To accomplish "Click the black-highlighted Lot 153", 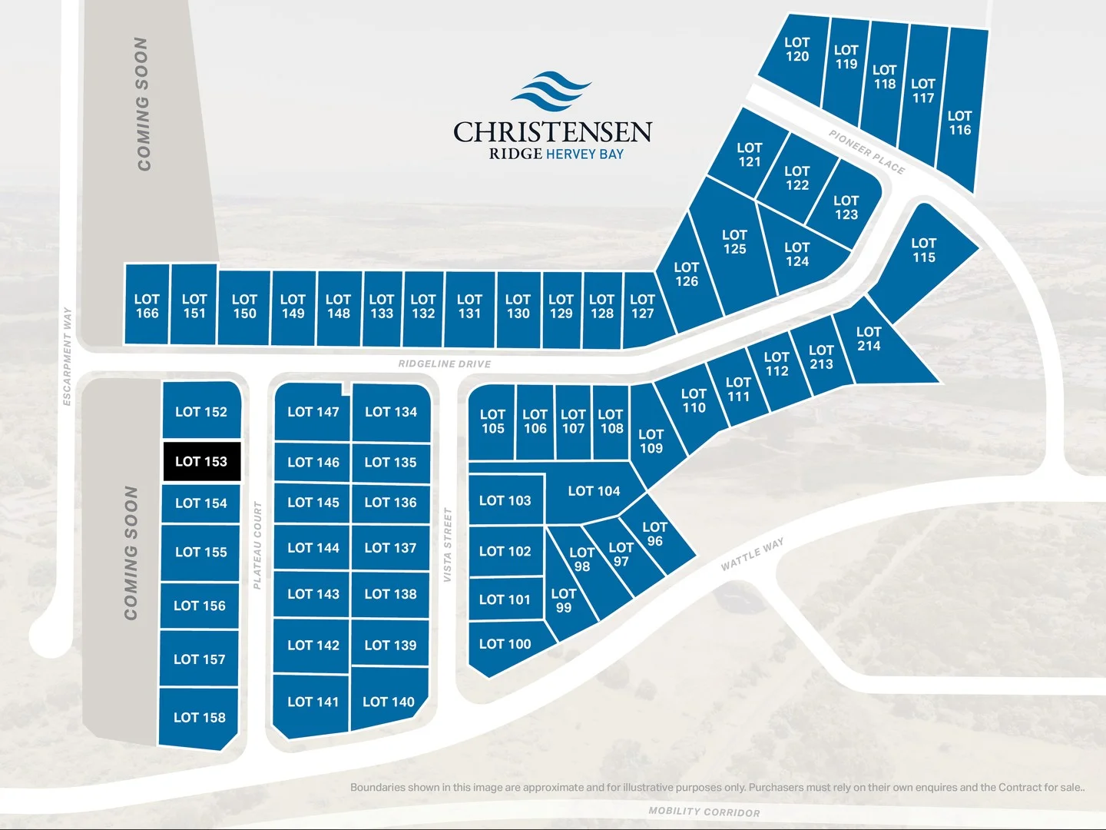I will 201,461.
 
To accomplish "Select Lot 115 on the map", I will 923,251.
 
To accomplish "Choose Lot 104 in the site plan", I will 594,491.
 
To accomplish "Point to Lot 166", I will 147,307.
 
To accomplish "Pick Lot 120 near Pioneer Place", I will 796,50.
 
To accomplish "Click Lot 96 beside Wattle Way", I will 654,534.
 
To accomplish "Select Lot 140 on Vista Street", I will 389,702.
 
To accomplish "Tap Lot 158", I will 200,718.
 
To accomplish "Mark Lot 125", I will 734,242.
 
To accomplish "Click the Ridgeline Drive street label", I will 445,364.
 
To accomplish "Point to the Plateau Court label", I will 257,546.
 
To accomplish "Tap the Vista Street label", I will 447,545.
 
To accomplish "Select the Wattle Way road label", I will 753,554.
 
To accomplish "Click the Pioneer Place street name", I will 866,151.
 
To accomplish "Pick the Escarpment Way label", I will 67,357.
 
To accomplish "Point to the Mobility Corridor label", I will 704,812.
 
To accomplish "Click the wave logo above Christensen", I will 551,91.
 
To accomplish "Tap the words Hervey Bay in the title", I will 584,154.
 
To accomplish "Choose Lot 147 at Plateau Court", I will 313,412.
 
